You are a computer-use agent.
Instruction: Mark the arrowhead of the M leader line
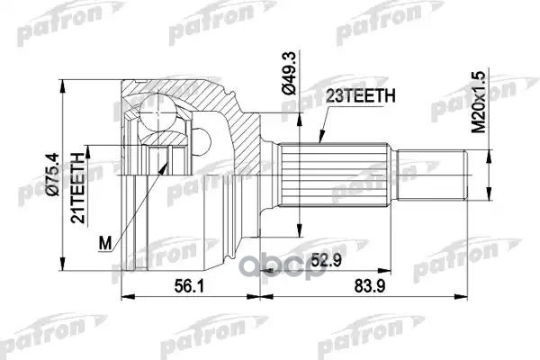tap(166, 165)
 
